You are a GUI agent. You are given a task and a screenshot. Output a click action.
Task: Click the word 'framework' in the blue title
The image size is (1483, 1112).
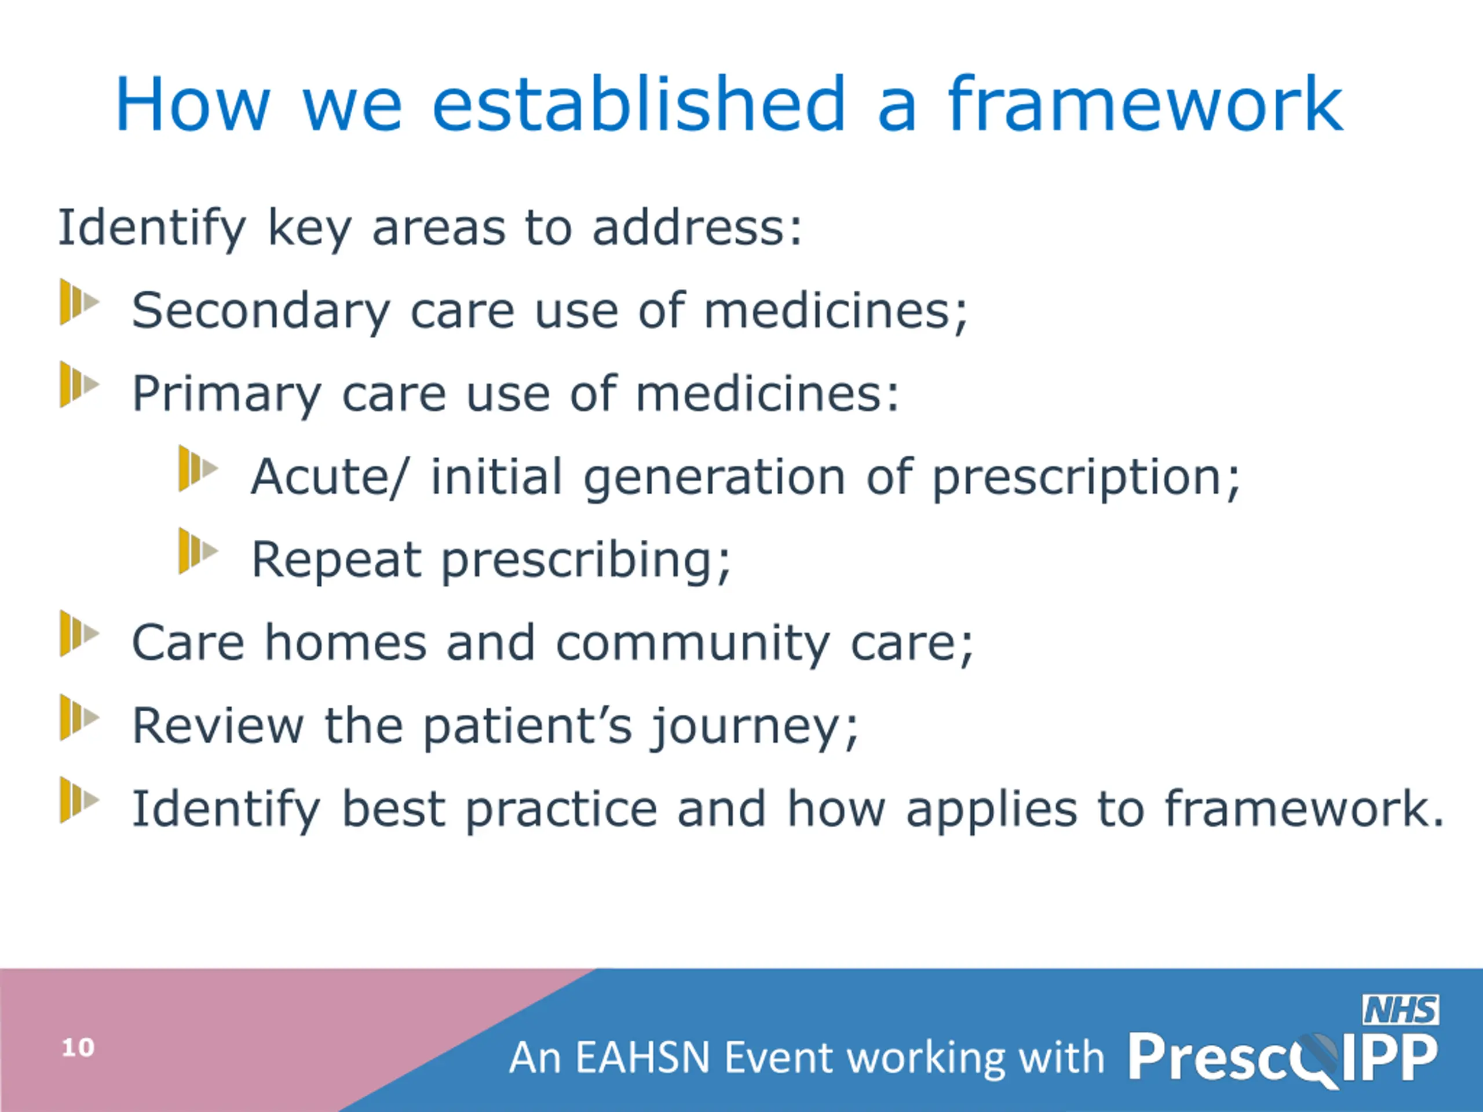pyautogui.click(x=1145, y=104)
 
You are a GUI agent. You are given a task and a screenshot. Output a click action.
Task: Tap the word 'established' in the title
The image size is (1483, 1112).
pyautogui.click(x=639, y=104)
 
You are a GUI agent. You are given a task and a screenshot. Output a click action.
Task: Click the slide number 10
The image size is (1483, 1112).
pyautogui.click(x=78, y=1048)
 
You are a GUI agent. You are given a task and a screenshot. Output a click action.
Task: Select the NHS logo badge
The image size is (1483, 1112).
pyautogui.click(x=1401, y=1009)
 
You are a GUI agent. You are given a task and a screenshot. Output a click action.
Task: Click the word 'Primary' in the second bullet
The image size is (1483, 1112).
pyautogui.click(x=227, y=395)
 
